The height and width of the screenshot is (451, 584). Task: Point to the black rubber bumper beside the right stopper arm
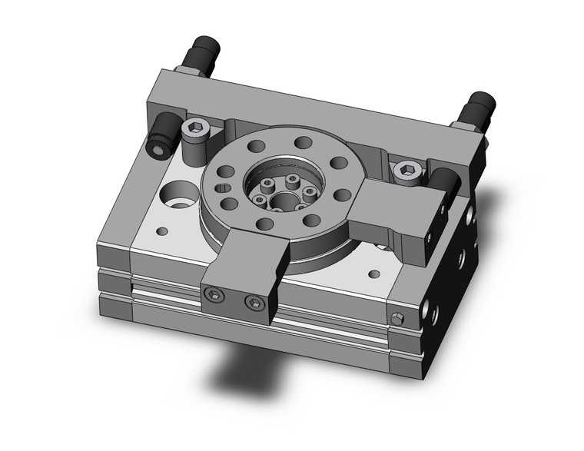[x=445, y=184]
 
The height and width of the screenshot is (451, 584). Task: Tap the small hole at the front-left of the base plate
[x=162, y=230]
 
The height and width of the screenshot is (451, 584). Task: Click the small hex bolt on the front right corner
[x=396, y=319]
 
